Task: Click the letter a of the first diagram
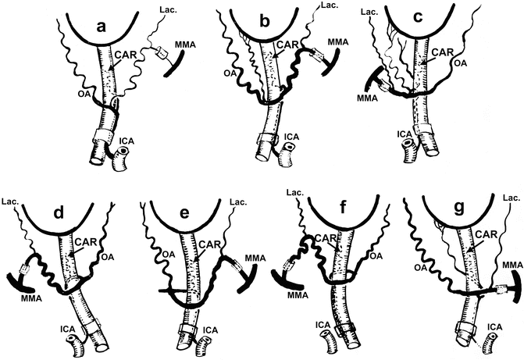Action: (101, 27)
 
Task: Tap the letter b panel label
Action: (264, 21)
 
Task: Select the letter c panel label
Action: (418, 17)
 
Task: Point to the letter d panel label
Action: (59, 212)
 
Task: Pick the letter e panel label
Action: (184, 212)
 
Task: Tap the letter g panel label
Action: (460, 209)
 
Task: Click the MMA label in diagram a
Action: (185, 45)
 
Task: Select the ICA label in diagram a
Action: (127, 141)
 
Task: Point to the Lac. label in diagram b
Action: (330, 5)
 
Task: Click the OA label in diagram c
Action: (460, 62)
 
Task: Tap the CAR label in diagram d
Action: (86, 241)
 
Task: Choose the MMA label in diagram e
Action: (255, 258)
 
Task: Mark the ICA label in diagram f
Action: (323, 325)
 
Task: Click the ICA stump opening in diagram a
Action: (124, 151)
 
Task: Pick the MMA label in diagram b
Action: (338, 42)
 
